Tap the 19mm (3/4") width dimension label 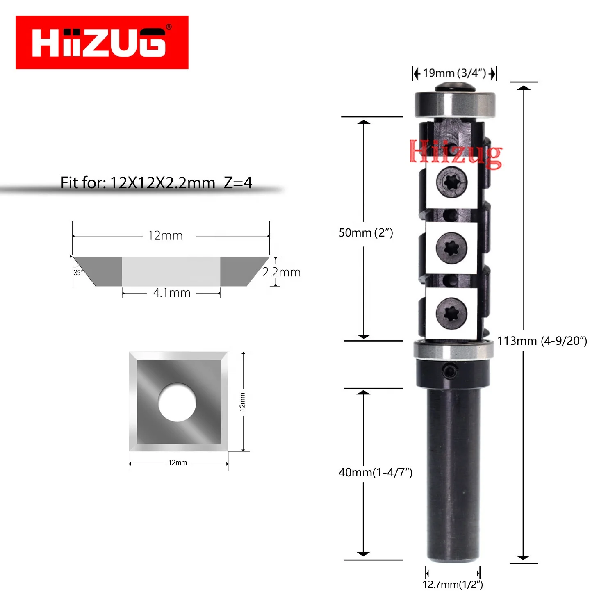(454, 73)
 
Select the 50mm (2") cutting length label (366, 233)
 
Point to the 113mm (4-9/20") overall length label (542, 341)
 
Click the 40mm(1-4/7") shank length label (375, 473)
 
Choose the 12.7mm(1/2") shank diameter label (453, 584)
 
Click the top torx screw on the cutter (451, 182)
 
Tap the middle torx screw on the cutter (451, 248)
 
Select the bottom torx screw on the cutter (451, 314)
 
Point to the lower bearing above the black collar (453, 349)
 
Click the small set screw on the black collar (450, 371)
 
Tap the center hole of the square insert (177, 402)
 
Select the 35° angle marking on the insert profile (78, 273)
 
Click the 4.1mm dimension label (172, 293)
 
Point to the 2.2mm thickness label (282, 272)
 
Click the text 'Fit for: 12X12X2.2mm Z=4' (156, 183)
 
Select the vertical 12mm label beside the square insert (242, 402)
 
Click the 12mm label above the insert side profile (165, 236)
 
